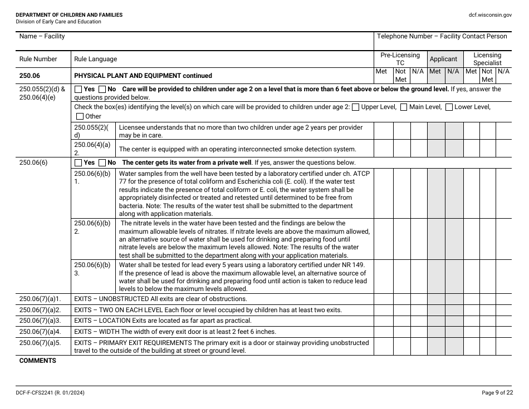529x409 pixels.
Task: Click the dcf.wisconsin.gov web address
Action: click(490, 15)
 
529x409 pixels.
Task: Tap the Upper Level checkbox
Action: click(356, 107)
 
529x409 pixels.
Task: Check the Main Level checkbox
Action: click(404, 107)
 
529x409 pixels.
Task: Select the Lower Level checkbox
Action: click(449, 107)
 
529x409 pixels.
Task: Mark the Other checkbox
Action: click(80, 116)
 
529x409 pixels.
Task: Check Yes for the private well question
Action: click(78, 162)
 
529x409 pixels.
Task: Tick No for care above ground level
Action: click(102, 89)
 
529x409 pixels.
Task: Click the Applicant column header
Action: click(444, 59)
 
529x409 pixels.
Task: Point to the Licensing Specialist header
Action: click(487, 59)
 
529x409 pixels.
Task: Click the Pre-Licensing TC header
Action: click(400, 59)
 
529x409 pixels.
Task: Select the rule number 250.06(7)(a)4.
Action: click(40, 332)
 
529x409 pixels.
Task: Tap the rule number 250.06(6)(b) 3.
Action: click(92, 269)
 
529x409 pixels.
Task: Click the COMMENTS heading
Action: click(38, 361)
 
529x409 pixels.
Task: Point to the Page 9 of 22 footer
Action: click(497, 392)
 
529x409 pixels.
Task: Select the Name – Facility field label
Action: click(42, 36)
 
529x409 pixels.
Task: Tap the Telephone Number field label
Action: click(442, 36)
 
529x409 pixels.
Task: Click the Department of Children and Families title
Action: click(69, 15)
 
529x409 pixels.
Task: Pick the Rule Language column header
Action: click(95, 59)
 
